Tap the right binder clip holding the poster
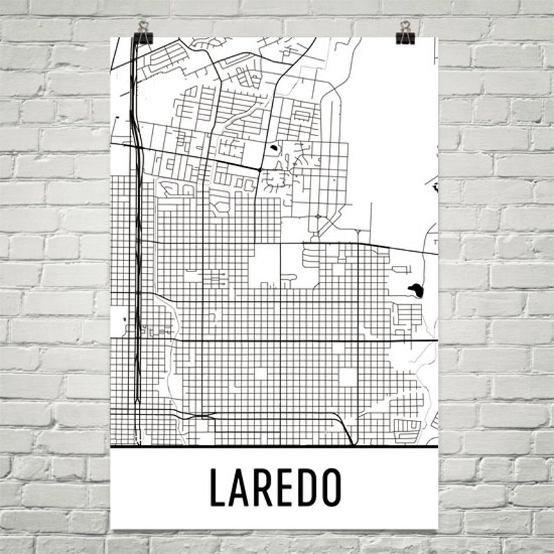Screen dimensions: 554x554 pyautogui.click(x=405, y=32)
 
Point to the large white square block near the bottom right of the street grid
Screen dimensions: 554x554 pyautogui.click(x=348, y=376)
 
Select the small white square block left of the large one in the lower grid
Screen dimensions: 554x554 pyautogui.click(x=261, y=373)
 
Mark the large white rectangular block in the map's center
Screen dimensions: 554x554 pyautogui.click(x=266, y=264)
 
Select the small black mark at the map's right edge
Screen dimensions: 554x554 pyautogui.click(x=434, y=186)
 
